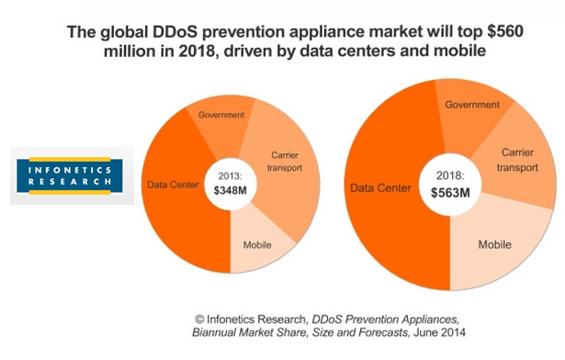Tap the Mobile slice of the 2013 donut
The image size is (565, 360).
click(256, 245)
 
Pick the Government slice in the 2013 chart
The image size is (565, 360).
click(221, 116)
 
